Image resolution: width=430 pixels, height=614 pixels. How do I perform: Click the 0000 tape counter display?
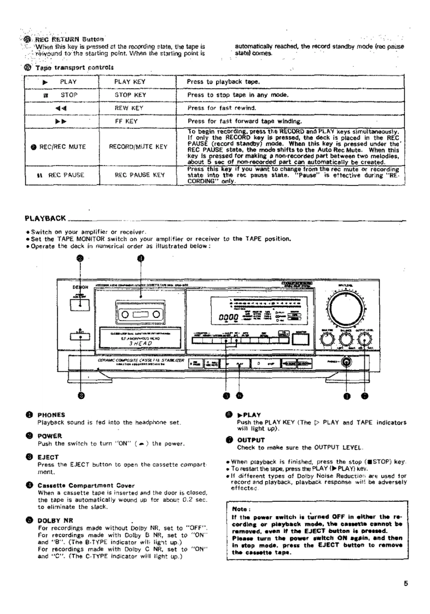tap(228, 318)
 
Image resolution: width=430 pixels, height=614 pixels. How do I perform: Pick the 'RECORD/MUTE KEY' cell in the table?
tap(138, 147)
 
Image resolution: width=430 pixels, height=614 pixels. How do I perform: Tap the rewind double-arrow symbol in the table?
tap(61, 108)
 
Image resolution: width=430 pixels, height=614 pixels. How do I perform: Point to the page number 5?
tap(406, 583)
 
